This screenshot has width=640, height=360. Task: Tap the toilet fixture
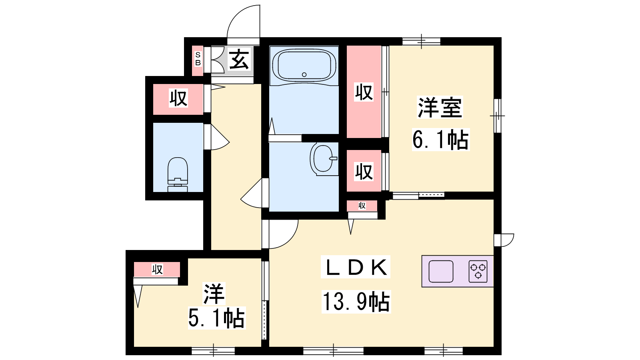pyautogui.click(x=178, y=174)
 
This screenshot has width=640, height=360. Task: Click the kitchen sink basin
pyautogui.click(x=441, y=271)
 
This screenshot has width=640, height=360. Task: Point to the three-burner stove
pyautogui.click(x=478, y=271)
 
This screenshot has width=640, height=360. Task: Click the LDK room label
pyautogui.click(x=356, y=267)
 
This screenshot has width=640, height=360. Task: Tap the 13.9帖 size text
pyautogui.click(x=356, y=302)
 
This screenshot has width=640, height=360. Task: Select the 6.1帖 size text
pyautogui.click(x=440, y=140)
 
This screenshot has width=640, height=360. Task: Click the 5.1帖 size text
pyautogui.click(x=216, y=318)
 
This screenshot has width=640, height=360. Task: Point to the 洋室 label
pyautogui.click(x=440, y=108)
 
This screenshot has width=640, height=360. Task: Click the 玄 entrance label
pyautogui.click(x=239, y=59)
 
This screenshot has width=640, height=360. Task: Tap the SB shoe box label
pyautogui.click(x=198, y=58)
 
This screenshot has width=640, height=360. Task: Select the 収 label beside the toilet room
pyautogui.click(x=178, y=98)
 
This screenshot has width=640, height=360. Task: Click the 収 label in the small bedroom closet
pyautogui.click(x=157, y=269)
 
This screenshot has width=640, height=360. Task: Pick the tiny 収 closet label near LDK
pyautogui.click(x=362, y=206)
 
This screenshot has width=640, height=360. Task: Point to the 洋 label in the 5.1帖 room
pyautogui.click(x=214, y=294)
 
